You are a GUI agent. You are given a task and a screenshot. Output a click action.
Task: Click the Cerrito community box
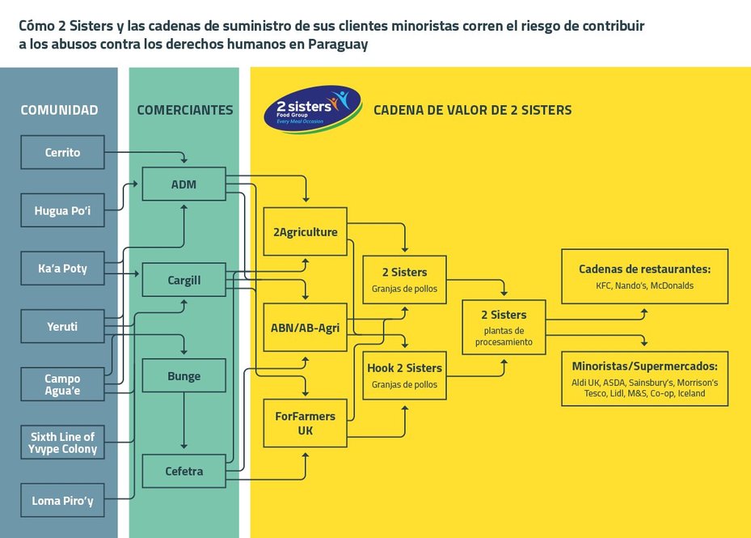tap(62, 152)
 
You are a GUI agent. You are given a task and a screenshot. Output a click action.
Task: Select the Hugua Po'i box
tap(62, 210)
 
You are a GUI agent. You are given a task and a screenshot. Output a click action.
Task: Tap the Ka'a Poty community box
tap(62, 268)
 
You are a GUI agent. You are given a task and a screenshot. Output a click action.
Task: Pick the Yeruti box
tap(62, 326)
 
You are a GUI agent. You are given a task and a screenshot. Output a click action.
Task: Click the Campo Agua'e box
tap(62, 384)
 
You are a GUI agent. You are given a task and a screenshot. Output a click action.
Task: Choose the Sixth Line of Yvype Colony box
tap(62, 442)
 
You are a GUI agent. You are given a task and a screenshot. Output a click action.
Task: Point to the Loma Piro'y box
tap(62, 500)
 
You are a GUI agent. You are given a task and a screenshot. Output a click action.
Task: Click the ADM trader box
tap(184, 184)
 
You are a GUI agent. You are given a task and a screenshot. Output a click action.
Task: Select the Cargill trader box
tap(184, 280)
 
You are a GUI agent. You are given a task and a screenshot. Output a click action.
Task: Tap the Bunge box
tap(184, 375)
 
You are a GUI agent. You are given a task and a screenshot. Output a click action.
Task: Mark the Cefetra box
tap(184, 471)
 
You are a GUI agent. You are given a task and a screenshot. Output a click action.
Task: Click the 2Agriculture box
tap(305, 231)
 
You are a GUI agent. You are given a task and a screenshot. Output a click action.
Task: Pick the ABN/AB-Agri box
tap(305, 328)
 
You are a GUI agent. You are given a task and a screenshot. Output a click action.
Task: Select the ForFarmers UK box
tap(305, 423)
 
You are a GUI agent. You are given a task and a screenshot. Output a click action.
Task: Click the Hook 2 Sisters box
tap(405, 375)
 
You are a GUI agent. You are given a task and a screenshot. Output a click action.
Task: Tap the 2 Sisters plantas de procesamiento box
tap(504, 328)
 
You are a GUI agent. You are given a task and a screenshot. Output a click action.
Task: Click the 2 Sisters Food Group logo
tap(312, 109)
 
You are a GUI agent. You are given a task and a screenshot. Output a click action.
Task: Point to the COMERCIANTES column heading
tap(185, 110)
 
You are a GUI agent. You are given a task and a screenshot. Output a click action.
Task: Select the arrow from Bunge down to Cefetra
tap(184, 421)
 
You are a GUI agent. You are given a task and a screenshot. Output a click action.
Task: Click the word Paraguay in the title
tap(338, 44)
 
